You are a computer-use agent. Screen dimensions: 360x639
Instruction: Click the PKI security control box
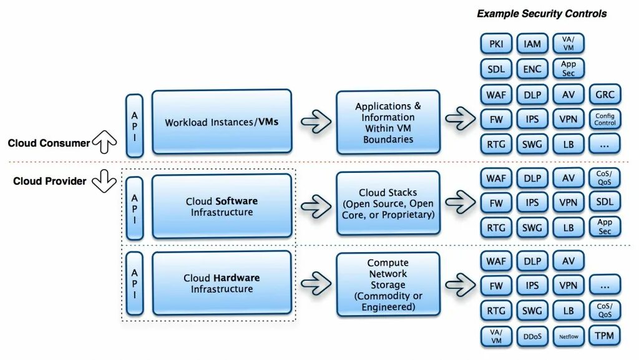(496, 44)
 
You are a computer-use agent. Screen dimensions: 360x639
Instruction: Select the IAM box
(532, 44)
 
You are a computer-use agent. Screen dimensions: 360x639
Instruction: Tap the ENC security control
(532, 69)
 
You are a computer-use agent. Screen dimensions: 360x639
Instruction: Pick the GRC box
(605, 94)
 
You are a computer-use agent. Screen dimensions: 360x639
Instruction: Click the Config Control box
(605, 119)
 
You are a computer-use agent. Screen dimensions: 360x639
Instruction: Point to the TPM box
(605, 336)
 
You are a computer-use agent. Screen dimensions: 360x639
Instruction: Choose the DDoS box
(532, 336)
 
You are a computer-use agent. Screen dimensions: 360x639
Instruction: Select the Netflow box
(568, 336)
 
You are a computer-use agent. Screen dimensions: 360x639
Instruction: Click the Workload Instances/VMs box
(222, 122)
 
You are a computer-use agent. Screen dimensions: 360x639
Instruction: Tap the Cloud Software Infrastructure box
(222, 207)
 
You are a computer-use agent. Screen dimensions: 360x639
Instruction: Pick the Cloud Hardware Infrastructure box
(222, 283)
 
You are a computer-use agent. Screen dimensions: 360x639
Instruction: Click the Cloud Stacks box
(388, 203)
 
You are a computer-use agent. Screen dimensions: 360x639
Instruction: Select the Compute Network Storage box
(388, 285)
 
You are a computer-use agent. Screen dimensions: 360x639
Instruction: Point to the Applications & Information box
(388, 122)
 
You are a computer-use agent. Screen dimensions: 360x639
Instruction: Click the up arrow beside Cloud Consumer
(104, 144)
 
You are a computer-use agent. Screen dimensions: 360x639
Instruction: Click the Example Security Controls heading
(542, 13)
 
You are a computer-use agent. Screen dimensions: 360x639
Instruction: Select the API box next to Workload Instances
(134, 125)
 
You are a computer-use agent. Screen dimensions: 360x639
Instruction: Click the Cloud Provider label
(50, 181)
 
